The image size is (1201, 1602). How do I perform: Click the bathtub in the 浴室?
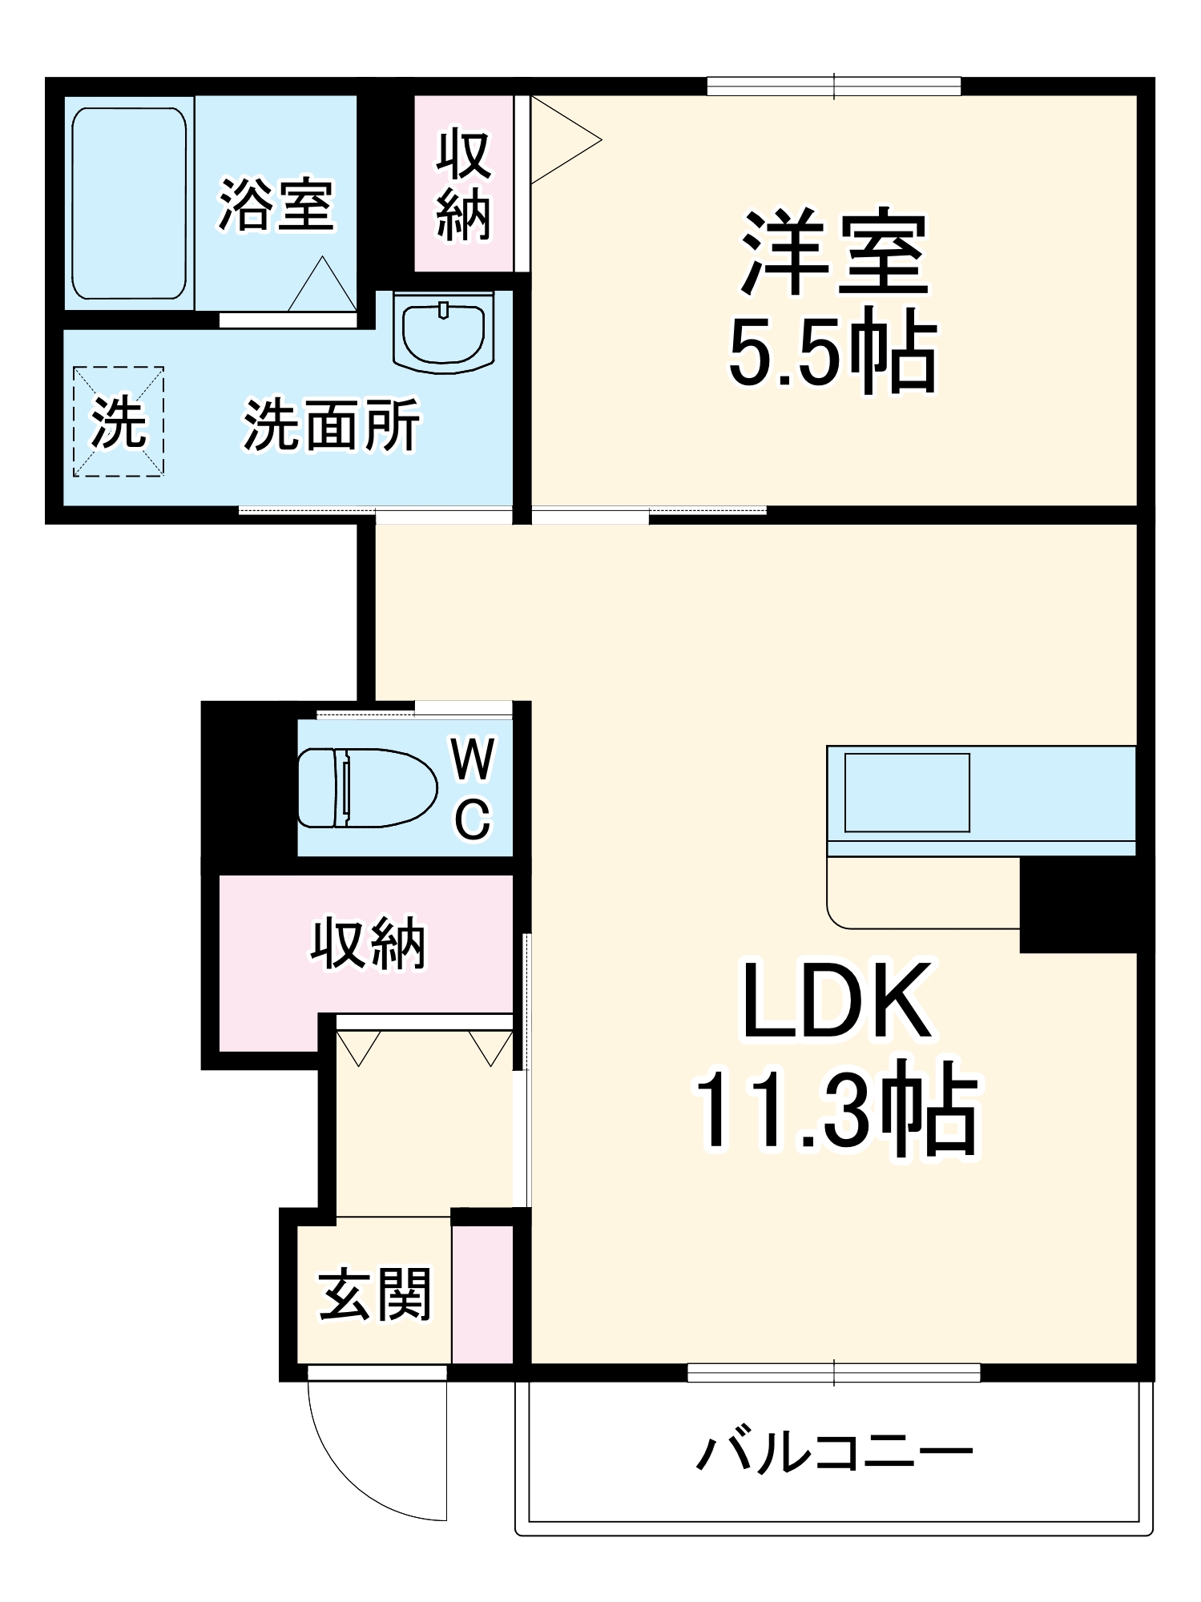pos(129,203)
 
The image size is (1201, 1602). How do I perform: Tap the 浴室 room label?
pos(276,205)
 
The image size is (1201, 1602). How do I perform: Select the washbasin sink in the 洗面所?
pos(443,332)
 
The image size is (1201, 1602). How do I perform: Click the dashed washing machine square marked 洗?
pos(119,422)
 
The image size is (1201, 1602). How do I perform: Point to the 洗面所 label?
pos(332,425)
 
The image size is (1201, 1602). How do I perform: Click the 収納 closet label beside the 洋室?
pos(463,185)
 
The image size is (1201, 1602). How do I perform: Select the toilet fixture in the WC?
pos(367,788)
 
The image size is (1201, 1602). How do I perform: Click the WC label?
pos(473,789)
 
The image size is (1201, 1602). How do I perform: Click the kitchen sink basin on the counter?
pos(906,792)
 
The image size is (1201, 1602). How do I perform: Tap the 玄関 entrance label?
pos(375,1294)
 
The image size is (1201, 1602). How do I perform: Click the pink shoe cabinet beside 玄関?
pos(482,1294)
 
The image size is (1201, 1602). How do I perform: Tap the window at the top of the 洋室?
pos(833,86)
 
